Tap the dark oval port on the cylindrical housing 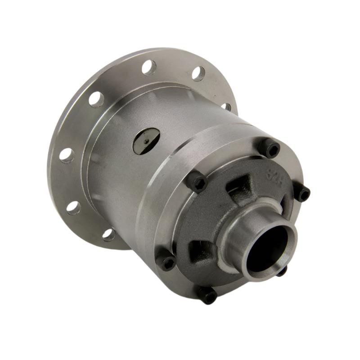coord(146,140)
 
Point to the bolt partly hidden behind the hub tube coord(281,271)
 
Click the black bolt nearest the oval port coord(198,182)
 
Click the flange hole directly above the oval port coord(149,67)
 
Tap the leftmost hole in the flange coord(67,155)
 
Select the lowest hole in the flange coord(108,234)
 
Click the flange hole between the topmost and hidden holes coord(198,73)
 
